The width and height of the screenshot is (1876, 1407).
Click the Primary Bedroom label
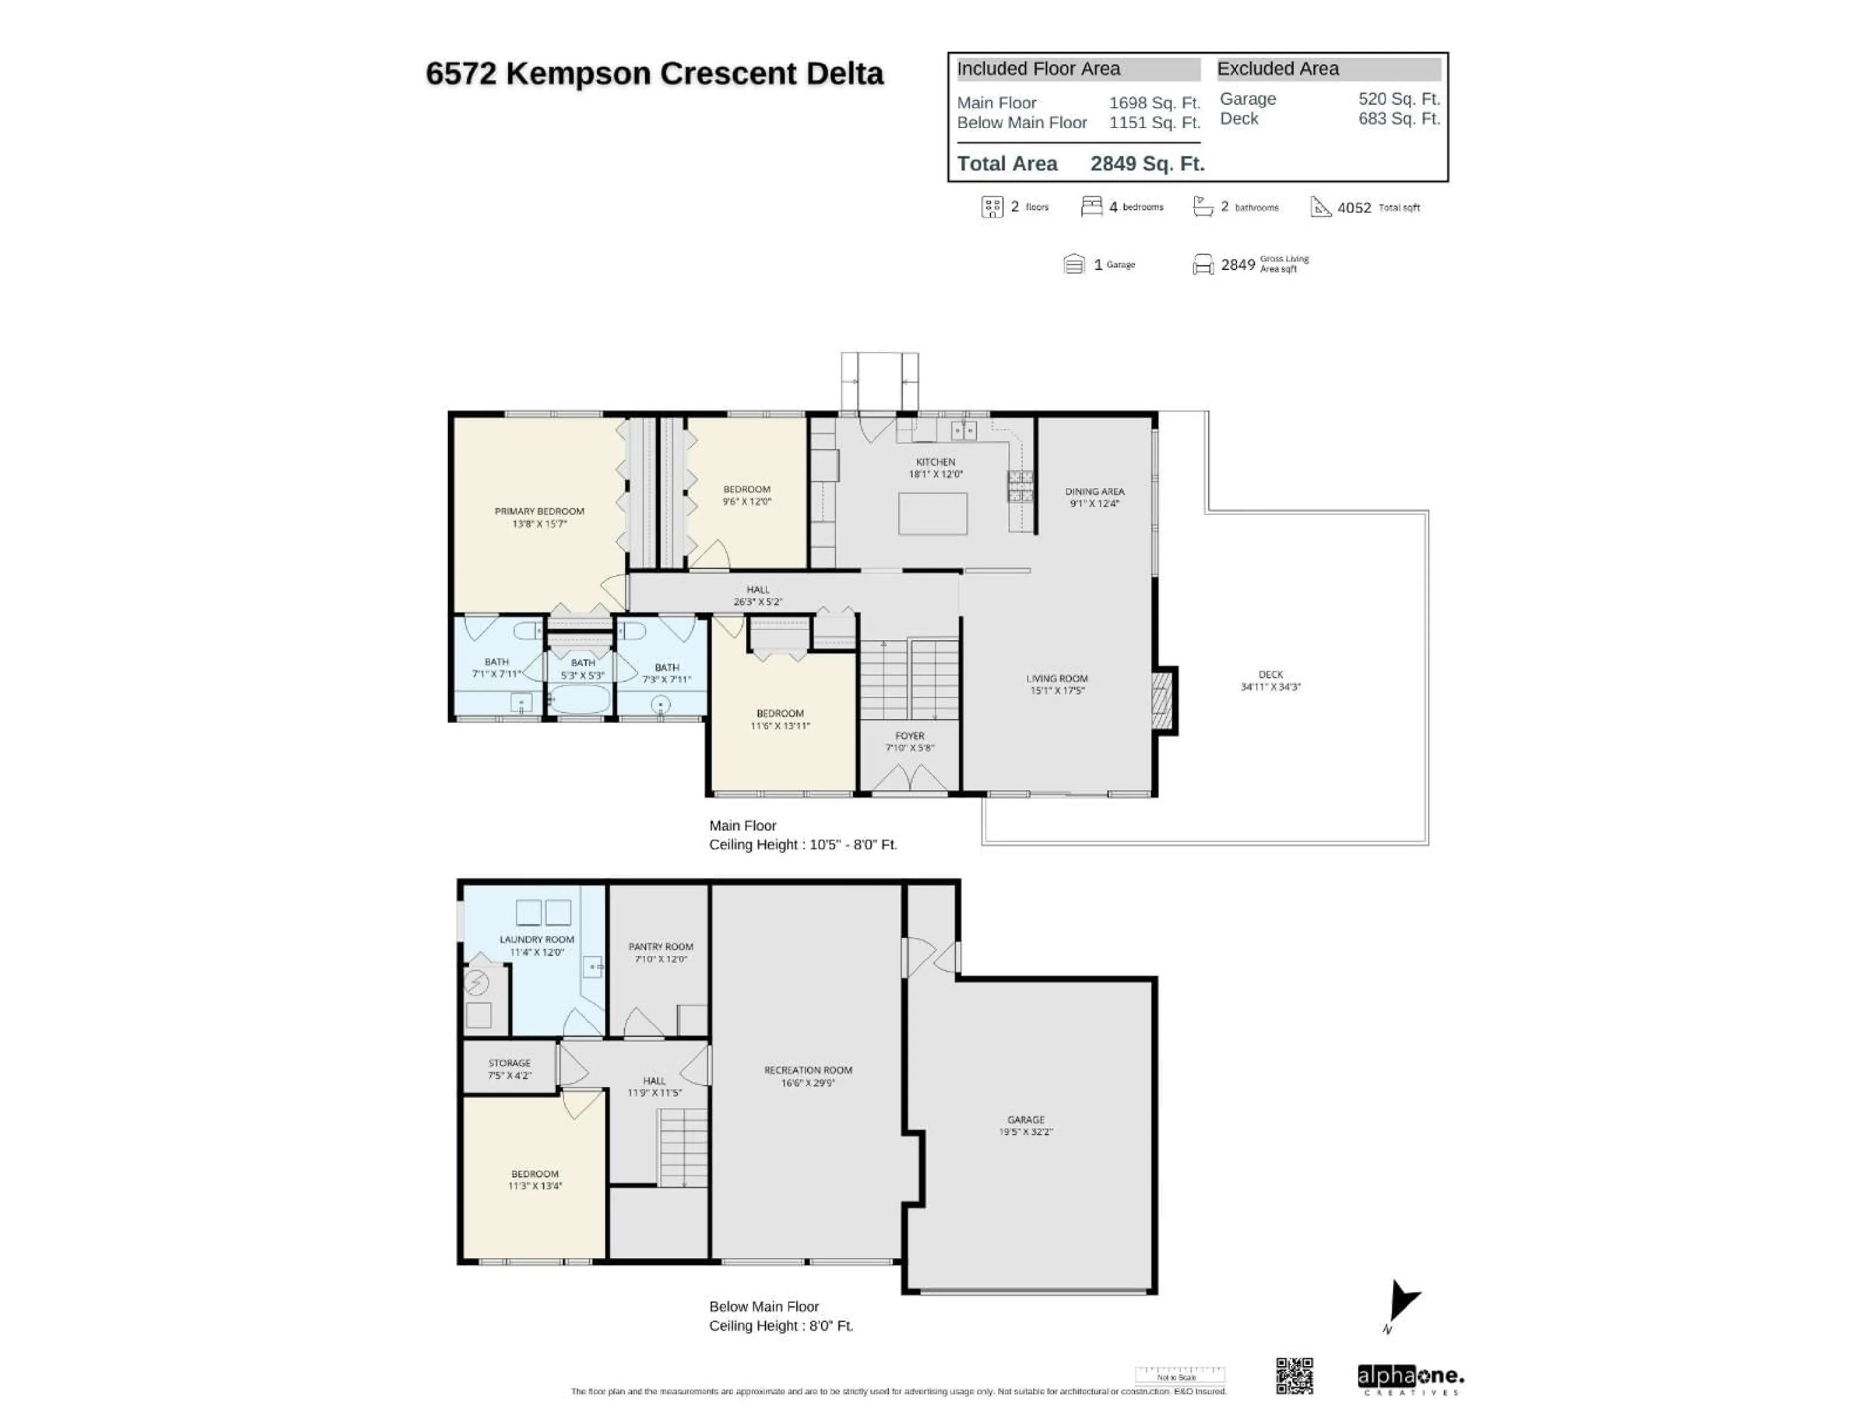coord(539,512)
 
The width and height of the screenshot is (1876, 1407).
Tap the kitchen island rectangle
coord(932,514)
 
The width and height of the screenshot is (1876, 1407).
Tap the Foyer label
coord(909,736)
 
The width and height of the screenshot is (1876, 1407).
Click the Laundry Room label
coord(536,939)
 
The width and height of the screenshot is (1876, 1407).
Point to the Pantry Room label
coord(660,946)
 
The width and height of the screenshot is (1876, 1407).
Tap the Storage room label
coord(509,1063)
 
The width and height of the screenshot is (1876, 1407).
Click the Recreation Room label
coord(808,1070)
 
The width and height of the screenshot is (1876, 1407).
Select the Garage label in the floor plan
coord(1025,1120)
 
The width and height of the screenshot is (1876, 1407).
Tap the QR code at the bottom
coord(1294,1376)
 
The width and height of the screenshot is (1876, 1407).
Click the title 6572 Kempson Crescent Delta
coord(654,74)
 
